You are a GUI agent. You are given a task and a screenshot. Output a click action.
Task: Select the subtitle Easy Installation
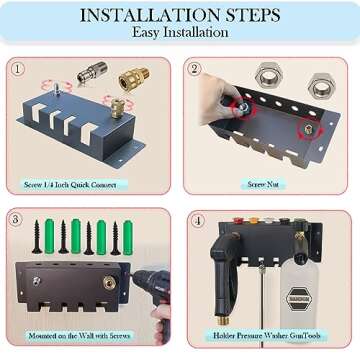[180, 32]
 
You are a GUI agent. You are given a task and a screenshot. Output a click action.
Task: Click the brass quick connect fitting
[132, 77]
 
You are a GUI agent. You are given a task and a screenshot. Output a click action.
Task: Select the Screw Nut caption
[265, 184]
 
